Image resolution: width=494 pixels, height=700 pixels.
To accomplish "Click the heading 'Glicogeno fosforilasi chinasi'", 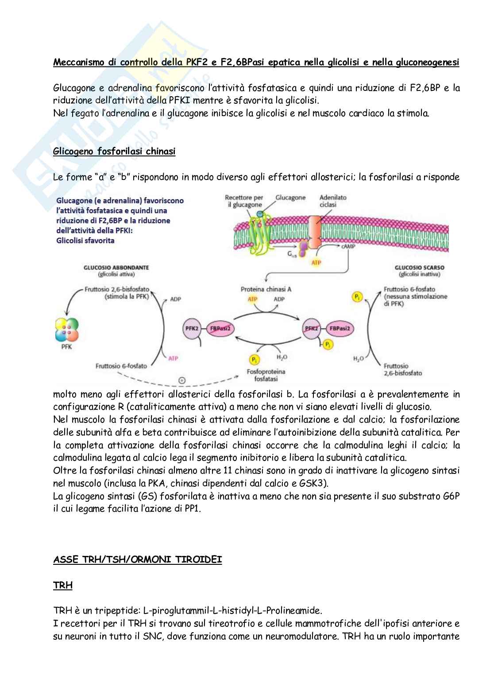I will (x=114, y=152).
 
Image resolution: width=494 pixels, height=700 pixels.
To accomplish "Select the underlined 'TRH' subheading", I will (x=62, y=585).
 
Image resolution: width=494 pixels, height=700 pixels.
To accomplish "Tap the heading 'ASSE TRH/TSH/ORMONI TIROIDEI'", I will (x=137, y=559).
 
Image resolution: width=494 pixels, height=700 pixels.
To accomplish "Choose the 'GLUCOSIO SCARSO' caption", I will (x=419, y=268).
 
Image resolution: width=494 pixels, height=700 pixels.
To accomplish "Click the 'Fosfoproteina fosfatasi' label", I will (x=266, y=375).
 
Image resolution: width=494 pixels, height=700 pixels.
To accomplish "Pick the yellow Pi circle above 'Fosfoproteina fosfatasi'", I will (x=254, y=359).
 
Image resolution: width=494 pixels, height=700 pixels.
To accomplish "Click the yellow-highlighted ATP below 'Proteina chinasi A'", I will (x=252, y=299).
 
